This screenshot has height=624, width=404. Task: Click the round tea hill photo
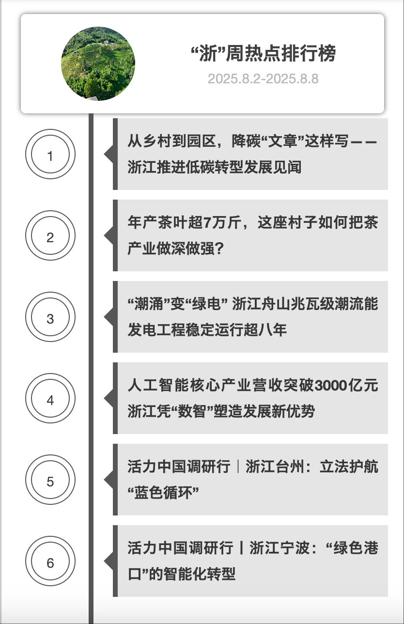[x=98, y=63]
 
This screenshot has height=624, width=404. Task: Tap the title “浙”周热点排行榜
[x=263, y=54]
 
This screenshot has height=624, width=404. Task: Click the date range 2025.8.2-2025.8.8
[x=263, y=78]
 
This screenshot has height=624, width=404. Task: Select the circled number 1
[x=50, y=156]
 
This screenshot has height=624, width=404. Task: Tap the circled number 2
[x=50, y=237]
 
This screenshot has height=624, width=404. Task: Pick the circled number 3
[x=50, y=319]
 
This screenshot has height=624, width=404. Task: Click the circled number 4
[x=50, y=400]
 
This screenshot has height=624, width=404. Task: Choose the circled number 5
[x=50, y=482]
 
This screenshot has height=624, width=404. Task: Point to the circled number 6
[x=50, y=563]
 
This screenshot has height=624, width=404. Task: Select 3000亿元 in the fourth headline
[x=346, y=386]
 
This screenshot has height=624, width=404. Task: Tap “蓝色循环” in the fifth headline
[x=164, y=493]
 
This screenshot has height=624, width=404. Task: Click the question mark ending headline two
[x=218, y=249]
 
